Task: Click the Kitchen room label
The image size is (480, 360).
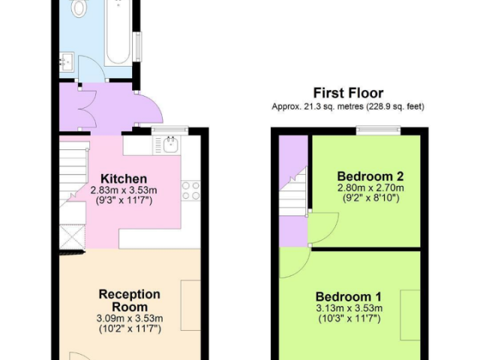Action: click(124, 178)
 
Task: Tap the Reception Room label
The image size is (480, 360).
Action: click(130, 300)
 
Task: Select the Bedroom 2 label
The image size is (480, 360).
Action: click(370, 176)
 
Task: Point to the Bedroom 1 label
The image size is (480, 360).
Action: click(349, 297)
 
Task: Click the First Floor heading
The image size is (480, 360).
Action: click(348, 93)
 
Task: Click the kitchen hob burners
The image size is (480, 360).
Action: click(190, 190)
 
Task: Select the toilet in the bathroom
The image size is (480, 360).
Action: click(78, 7)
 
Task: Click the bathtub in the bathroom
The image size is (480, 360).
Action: click(118, 32)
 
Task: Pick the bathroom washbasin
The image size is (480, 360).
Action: click(67, 61)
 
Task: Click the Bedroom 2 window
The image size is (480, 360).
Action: click(378, 130)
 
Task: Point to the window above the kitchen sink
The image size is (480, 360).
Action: click(170, 130)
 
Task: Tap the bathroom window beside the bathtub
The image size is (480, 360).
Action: click(139, 46)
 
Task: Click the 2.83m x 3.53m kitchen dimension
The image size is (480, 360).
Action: click(124, 190)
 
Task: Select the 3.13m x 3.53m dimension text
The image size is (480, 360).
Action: click(349, 308)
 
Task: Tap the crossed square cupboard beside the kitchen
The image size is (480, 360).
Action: click(72, 237)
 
